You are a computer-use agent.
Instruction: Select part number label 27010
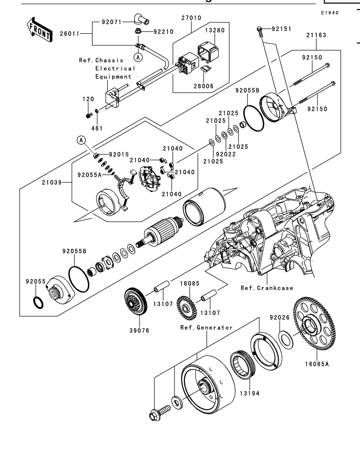(191, 18)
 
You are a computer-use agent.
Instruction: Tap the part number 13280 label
(215, 30)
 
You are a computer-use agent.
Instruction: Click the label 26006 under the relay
(204, 86)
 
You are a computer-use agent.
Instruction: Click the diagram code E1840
(330, 13)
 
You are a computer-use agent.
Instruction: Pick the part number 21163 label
(316, 35)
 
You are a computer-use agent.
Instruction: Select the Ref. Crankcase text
(267, 288)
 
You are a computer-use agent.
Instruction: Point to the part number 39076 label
(139, 331)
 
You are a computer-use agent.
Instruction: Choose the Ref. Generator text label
(206, 328)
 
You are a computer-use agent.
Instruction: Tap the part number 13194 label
(250, 393)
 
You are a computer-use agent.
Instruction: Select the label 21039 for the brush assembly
(52, 183)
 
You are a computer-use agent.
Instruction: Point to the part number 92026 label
(280, 318)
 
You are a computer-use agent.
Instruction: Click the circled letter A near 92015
(82, 140)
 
